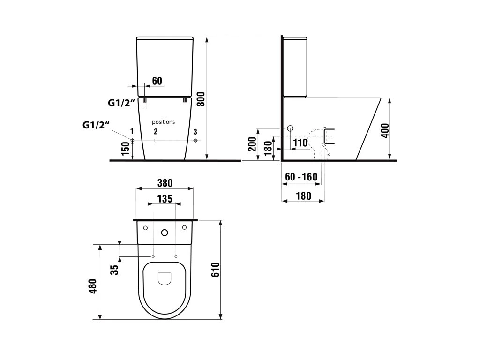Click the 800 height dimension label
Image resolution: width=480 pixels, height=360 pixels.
(x=201, y=99)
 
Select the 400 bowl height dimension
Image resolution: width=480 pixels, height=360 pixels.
(x=385, y=130)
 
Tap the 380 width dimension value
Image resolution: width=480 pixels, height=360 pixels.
(x=165, y=183)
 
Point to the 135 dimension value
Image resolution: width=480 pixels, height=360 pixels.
(x=165, y=199)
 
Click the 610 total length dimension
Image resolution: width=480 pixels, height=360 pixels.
(x=216, y=270)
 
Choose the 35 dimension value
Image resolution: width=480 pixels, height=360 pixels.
(x=114, y=270)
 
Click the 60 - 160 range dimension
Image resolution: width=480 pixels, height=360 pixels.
(x=301, y=177)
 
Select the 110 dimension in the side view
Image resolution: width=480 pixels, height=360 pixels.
(x=300, y=142)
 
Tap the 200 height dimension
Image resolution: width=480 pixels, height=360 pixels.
(x=252, y=144)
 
